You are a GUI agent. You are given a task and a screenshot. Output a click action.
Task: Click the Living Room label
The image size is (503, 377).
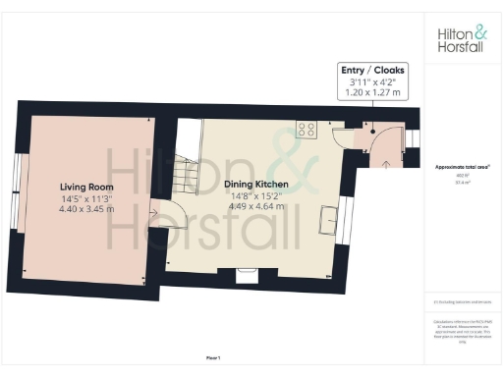coord(86,187)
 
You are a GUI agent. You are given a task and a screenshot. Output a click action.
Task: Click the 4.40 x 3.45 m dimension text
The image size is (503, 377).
coord(86,208)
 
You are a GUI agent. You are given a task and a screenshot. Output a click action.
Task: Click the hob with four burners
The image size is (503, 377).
coord(306,128)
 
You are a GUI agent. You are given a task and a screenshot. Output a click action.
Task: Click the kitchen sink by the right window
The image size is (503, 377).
coord(324,222)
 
